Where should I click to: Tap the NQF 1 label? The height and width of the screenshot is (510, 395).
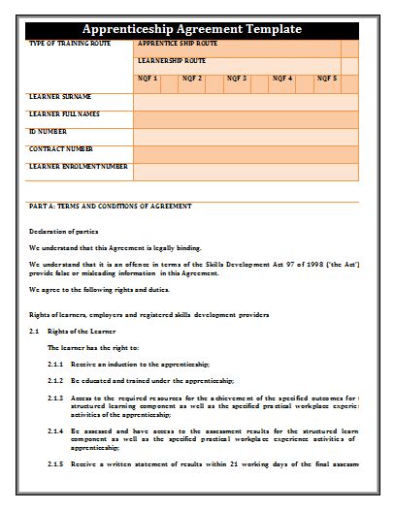tap(147, 78)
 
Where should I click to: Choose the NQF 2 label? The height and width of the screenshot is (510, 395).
tap(191, 78)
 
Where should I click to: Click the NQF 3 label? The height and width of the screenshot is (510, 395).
tap(237, 78)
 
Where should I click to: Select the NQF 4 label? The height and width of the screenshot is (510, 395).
tap(282, 78)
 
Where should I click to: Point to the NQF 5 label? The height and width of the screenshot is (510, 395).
tap(327, 78)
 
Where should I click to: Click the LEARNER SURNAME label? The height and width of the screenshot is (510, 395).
tap(60, 97)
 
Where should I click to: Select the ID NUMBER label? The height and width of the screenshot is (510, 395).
tap(48, 131)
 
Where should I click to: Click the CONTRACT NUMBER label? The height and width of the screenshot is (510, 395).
tap(61, 149)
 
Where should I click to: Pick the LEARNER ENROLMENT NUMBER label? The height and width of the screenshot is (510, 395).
tap(78, 167)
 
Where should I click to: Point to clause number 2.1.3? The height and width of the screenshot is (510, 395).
tap(55, 398)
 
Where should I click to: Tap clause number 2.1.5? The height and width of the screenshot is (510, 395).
tap(55, 464)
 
